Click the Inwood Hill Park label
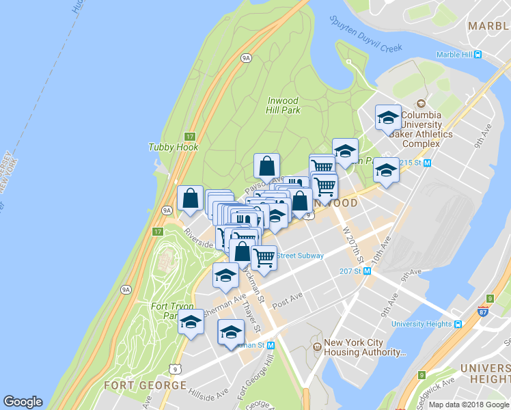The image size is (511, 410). tap(284, 105)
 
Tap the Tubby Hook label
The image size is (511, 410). tap(174, 147)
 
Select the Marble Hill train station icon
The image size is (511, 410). tap(479, 55)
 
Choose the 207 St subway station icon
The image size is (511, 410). tap(368, 271)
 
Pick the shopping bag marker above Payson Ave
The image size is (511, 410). tap(266, 165)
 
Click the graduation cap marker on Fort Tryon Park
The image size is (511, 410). tap(191, 321)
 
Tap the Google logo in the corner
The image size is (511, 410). tap(23, 402)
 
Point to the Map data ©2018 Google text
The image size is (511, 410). tap(469, 405)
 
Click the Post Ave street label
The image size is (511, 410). tap(287, 300)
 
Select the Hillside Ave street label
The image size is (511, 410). tap(209, 394)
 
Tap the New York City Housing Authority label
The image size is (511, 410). tap(364, 348)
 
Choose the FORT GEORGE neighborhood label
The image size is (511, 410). tap(145, 385)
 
